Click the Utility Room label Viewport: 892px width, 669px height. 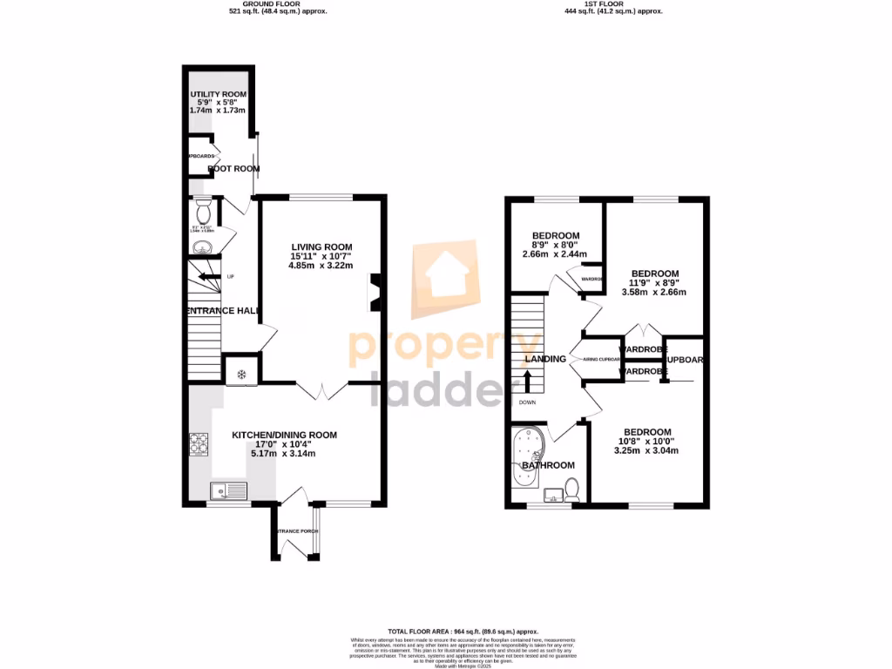click(x=218, y=94)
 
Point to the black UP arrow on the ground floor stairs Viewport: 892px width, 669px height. click(x=209, y=277)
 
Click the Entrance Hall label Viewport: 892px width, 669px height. click(x=223, y=311)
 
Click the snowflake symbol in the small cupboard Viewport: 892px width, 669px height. click(x=241, y=374)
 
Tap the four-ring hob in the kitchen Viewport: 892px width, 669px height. click(x=199, y=445)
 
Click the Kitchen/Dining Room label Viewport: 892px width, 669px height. click(x=284, y=435)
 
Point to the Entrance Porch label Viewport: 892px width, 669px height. click(x=295, y=530)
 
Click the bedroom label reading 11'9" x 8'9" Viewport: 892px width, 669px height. click(x=655, y=282)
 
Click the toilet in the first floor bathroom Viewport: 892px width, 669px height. click(x=572, y=490)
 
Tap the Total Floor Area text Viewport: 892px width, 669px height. click(x=463, y=631)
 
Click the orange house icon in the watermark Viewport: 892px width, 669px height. click(x=444, y=276)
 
